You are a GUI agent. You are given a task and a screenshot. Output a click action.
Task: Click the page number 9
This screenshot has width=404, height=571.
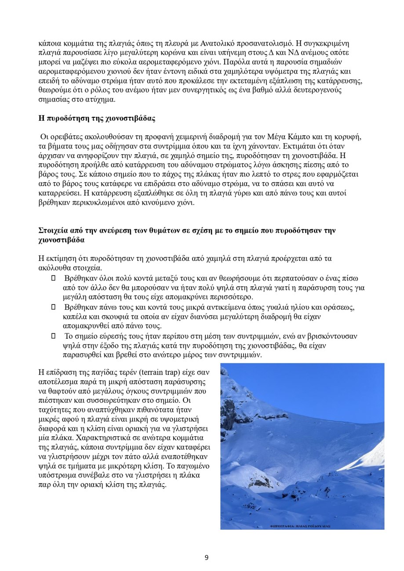click(x=207, y=558)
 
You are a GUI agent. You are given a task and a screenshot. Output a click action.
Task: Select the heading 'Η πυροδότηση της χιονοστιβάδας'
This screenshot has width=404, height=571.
click(x=97, y=119)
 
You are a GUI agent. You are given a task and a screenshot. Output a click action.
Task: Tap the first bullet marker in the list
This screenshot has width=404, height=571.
click(x=54, y=278)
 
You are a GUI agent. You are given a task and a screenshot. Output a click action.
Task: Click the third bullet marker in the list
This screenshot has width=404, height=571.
click(x=54, y=336)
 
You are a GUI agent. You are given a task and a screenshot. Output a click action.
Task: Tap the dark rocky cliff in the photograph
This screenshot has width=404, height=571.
click(x=229, y=413)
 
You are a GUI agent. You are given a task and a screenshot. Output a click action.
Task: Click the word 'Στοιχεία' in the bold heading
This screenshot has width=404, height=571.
click(x=55, y=230)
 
